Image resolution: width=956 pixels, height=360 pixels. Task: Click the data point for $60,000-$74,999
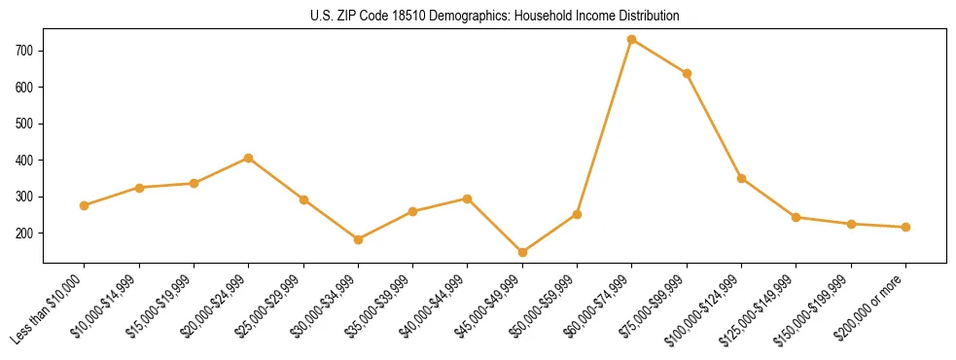click(632, 39)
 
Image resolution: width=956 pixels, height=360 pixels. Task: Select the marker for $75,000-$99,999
click(687, 73)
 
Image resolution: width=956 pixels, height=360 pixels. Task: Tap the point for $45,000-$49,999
click(522, 252)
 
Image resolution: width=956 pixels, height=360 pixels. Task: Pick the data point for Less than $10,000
click(85, 205)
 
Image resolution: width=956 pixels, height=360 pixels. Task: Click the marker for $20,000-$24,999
click(249, 158)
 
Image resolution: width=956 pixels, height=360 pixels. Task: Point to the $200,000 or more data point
click(905, 227)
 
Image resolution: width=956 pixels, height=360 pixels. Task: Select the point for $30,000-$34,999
click(358, 239)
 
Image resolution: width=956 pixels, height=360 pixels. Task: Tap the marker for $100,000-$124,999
click(741, 178)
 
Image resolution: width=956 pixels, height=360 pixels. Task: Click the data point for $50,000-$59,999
click(577, 214)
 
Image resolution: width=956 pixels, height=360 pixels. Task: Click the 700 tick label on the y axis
click(26, 50)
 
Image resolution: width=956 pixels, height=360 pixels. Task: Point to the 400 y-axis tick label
click(26, 160)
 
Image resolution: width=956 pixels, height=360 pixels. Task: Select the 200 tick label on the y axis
click(26, 234)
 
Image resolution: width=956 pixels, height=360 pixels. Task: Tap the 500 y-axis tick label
click(26, 124)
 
